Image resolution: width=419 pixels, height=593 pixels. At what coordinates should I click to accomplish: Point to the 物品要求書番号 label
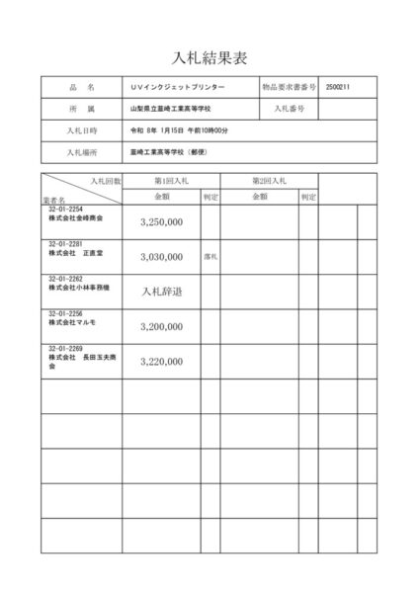point(290,87)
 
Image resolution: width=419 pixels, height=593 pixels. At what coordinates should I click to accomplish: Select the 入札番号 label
point(290,108)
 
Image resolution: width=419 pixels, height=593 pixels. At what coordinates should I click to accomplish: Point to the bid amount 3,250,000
point(162,222)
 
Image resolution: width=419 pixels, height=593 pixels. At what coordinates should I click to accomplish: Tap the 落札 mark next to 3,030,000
point(209,257)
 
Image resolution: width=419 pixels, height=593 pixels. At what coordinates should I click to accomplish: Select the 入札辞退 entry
point(162,292)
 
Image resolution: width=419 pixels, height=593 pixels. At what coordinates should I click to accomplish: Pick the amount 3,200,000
point(162,325)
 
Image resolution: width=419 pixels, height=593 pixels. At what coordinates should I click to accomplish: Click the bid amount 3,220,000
point(162,361)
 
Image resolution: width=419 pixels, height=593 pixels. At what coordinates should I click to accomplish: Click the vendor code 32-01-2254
point(66,210)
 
